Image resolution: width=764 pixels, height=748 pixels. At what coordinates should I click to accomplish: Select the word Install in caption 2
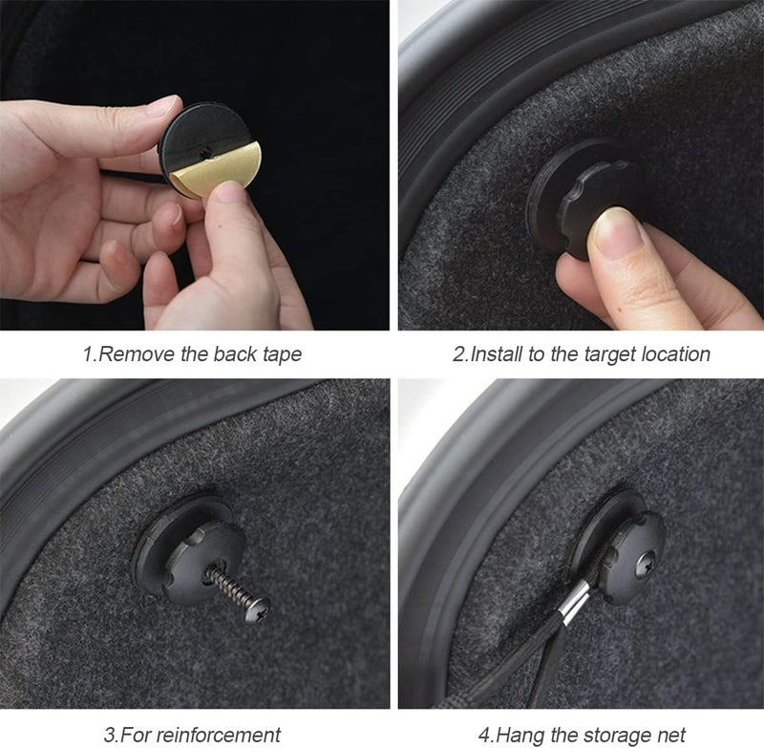pos(496,353)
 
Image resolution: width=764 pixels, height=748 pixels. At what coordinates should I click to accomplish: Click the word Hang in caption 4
pos(519,735)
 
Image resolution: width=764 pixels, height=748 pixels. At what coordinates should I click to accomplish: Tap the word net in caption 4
pos(672,736)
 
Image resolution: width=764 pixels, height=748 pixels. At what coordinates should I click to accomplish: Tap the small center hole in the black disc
pos(205,154)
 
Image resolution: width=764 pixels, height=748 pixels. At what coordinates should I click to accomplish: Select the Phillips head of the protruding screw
pos(258,609)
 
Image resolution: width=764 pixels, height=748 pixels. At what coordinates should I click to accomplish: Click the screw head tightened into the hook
pos(648,562)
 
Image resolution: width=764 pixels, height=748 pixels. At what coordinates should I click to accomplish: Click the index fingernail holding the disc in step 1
pos(163,105)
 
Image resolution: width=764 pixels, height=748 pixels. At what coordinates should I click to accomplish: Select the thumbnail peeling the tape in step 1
pos(228,191)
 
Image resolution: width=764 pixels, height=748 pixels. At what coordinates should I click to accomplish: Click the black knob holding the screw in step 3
pos(201,561)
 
